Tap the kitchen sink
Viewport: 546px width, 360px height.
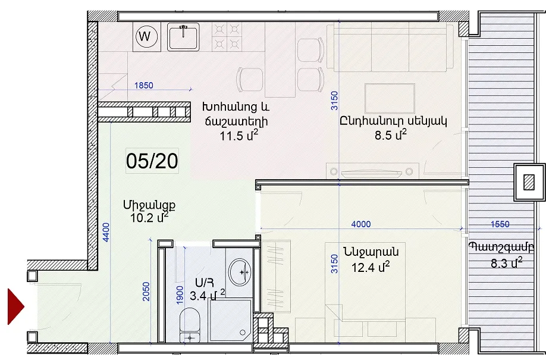pyautogui.click(x=183, y=37)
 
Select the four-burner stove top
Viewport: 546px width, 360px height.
pyautogui.click(x=227, y=37)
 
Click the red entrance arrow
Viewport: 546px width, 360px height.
pyautogui.click(x=16, y=306)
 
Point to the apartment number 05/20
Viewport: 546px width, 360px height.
pyautogui.click(x=152, y=161)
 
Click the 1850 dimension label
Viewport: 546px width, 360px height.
pyautogui.click(x=143, y=85)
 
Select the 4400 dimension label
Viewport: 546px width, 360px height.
pyautogui.click(x=106, y=232)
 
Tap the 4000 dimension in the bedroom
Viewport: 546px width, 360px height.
pyautogui.click(x=361, y=224)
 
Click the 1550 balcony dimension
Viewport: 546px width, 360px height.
pyautogui.click(x=500, y=224)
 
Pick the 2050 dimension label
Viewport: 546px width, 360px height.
pyautogui.click(x=146, y=292)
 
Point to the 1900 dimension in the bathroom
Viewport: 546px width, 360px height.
pyautogui.click(x=180, y=295)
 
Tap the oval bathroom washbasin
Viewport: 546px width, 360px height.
pyautogui.click(x=240, y=272)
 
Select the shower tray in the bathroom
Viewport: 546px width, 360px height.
pyautogui.click(x=230, y=320)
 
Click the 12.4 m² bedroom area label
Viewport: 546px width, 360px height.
pyautogui.click(x=371, y=267)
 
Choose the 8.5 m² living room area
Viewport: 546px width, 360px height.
pyautogui.click(x=391, y=134)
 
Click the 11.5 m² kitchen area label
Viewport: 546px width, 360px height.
pyautogui.click(x=239, y=135)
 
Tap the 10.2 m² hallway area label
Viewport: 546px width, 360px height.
pyautogui.click(x=149, y=217)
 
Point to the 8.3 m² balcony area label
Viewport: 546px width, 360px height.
pyautogui.click(x=506, y=263)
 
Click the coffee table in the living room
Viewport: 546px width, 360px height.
pyautogui.click(x=390, y=99)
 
